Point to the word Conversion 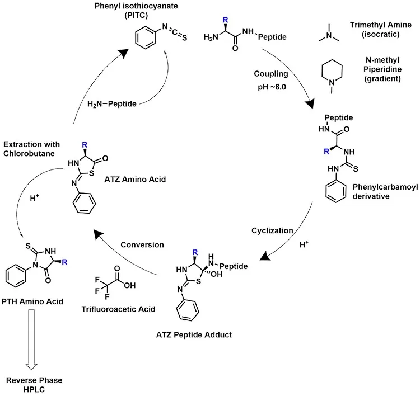[x=142, y=244]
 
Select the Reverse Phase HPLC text [x=32, y=385]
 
